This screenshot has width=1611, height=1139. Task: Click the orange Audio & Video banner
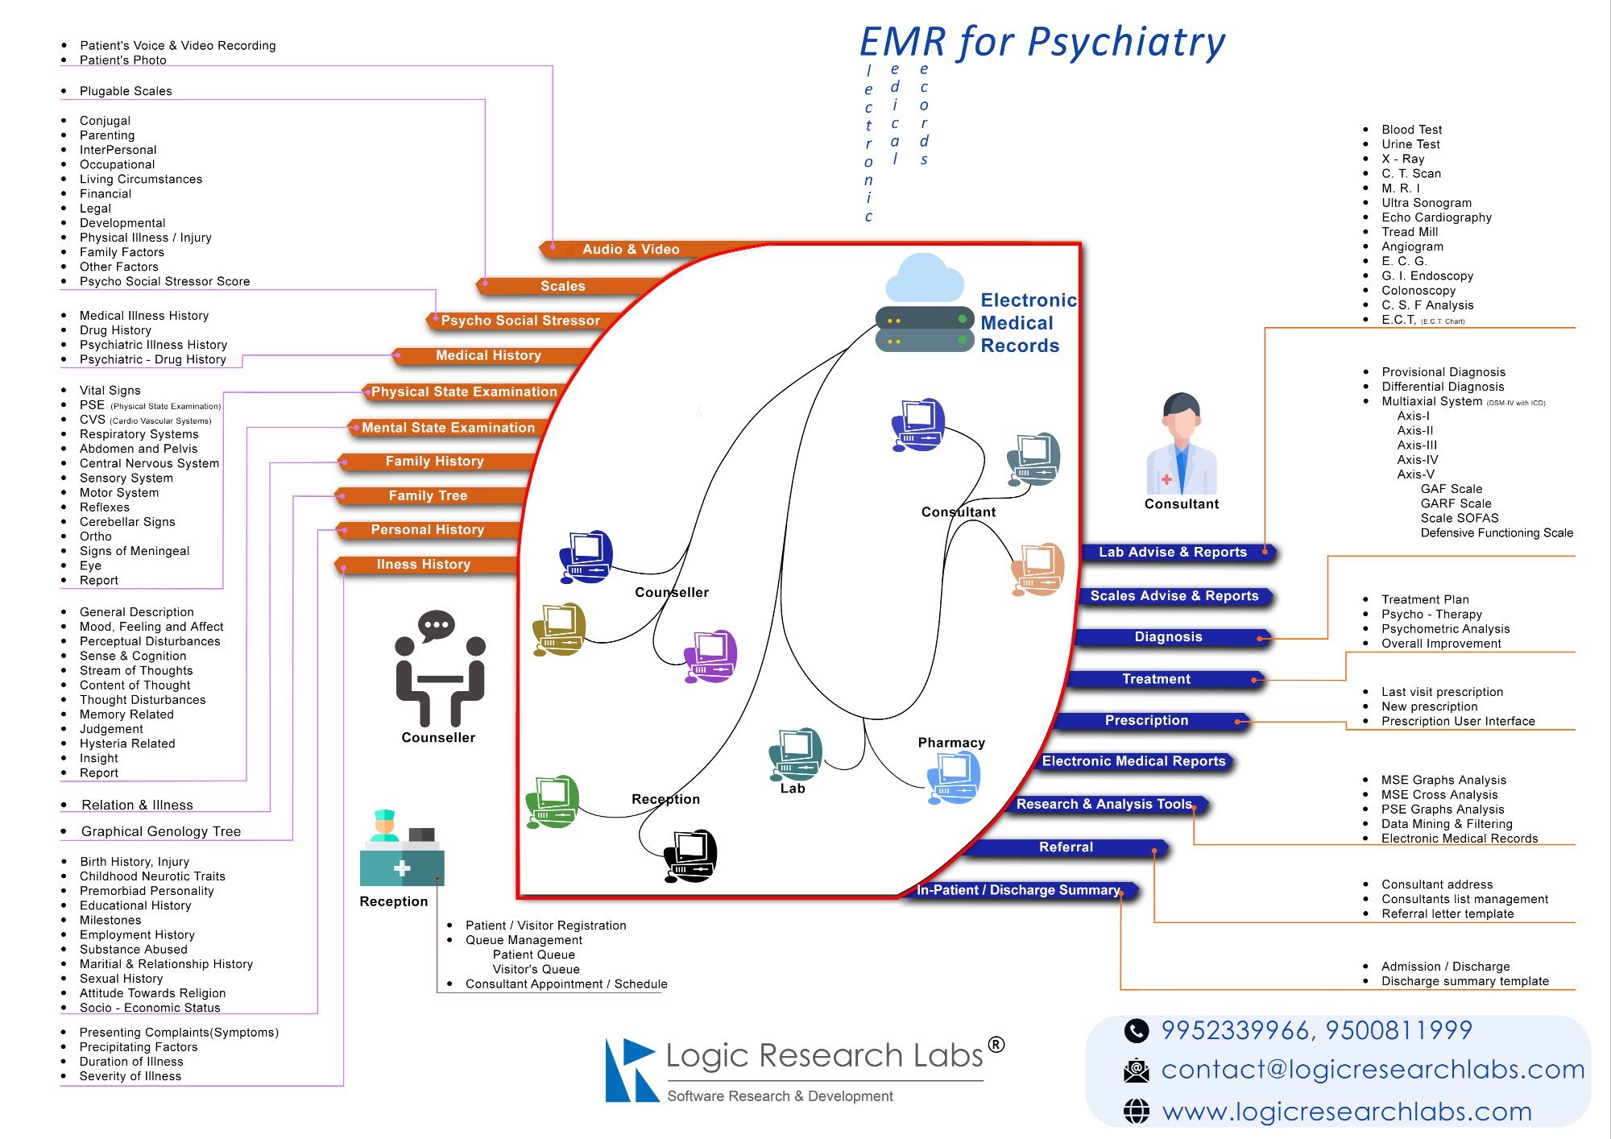(631, 250)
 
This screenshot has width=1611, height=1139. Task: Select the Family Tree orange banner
(428, 495)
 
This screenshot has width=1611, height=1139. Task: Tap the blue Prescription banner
(1146, 720)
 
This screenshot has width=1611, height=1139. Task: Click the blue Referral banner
(1066, 847)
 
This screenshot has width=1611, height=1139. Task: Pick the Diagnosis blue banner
(1168, 637)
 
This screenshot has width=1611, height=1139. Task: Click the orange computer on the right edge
(1037, 569)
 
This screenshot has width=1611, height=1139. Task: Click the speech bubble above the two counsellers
(437, 625)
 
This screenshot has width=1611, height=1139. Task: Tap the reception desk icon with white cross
(402, 859)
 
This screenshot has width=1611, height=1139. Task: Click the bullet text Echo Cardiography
(1436, 217)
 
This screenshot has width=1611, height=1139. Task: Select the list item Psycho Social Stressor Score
(164, 281)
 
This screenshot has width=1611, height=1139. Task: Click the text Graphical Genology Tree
(161, 831)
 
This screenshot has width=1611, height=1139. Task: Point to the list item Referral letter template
(1447, 913)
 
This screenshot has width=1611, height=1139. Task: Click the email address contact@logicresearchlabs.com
(1373, 1070)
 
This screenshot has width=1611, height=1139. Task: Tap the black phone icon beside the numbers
(1136, 1030)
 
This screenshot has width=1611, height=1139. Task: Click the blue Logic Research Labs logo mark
(631, 1070)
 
